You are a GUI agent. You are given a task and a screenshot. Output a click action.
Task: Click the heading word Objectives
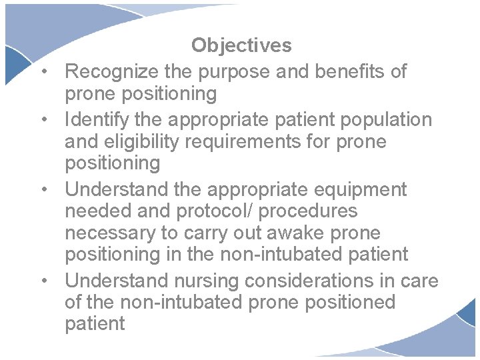[x=241, y=45]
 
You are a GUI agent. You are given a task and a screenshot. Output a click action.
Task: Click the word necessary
[x=111, y=233]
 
